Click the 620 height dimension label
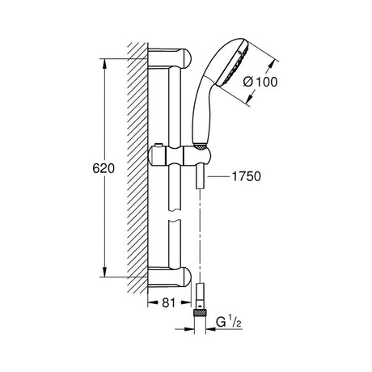pyautogui.click(x=104, y=169)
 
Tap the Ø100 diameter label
pyautogui.click(x=260, y=82)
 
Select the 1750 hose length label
pyautogui.click(x=246, y=176)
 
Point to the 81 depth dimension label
pyautogui.click(x=169, y=302)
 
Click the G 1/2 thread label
pyautogui.click(x=229, y=322)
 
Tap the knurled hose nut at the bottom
pyautogui.click(x=200, y=313)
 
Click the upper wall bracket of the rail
pyautogui.click(x=169, y=58)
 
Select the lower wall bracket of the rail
pyautogui.click(x=169, y=277)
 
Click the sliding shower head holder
pyautogui.click(x=180, y=155)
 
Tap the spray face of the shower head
pyautogui.click(x=234, y=64)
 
